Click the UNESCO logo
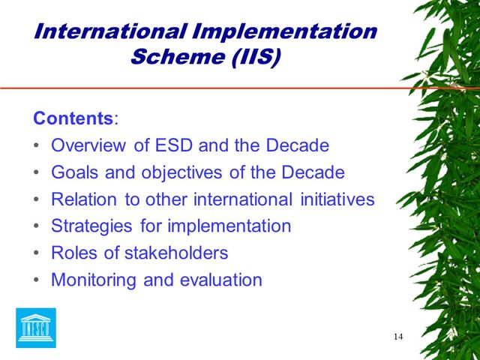36,328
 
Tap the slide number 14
397,336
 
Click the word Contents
73,118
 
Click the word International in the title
109,31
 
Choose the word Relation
84,199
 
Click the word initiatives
334,199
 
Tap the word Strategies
91,226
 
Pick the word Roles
74,253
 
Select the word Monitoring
88,280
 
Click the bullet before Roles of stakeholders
37,253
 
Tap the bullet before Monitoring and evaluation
37,280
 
